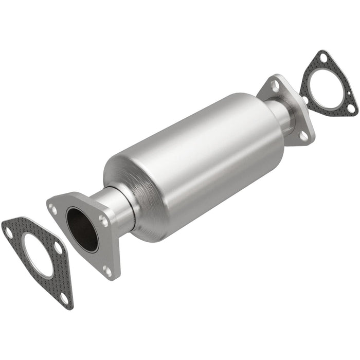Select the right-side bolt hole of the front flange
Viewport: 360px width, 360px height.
coord(104,222)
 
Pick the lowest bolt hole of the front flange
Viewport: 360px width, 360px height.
coord(107,268)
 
